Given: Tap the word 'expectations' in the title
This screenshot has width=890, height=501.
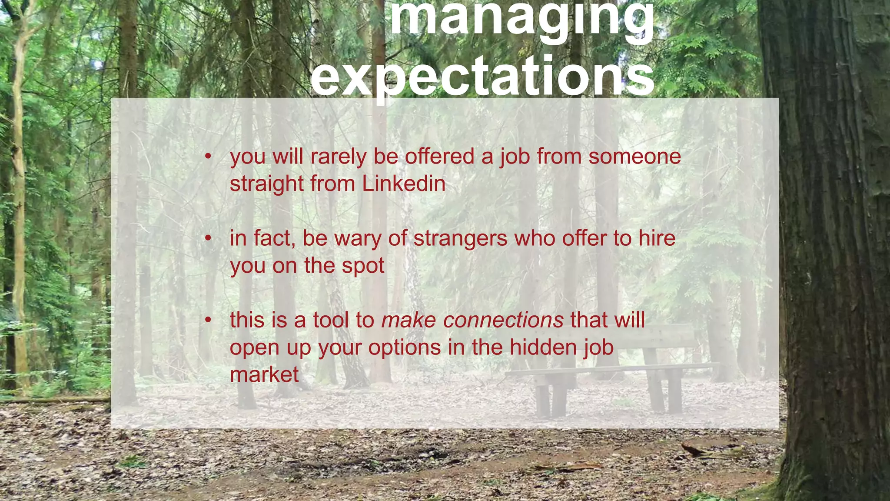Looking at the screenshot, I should point(482,76).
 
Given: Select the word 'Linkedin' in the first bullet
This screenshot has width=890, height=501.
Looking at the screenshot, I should point(403,184).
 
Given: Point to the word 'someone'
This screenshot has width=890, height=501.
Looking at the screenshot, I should point(634,157).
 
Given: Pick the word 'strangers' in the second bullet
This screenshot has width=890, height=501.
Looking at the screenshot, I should point(460,238).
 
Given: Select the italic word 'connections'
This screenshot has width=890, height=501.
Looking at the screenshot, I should point(503,320).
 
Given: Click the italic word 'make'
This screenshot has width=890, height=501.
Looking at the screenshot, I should point(408,320).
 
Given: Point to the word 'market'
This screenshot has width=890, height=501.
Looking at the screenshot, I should point(264,374).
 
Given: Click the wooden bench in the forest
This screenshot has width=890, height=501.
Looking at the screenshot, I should point(617,370).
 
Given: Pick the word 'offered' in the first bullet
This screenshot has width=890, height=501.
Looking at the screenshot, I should point(439,157).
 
